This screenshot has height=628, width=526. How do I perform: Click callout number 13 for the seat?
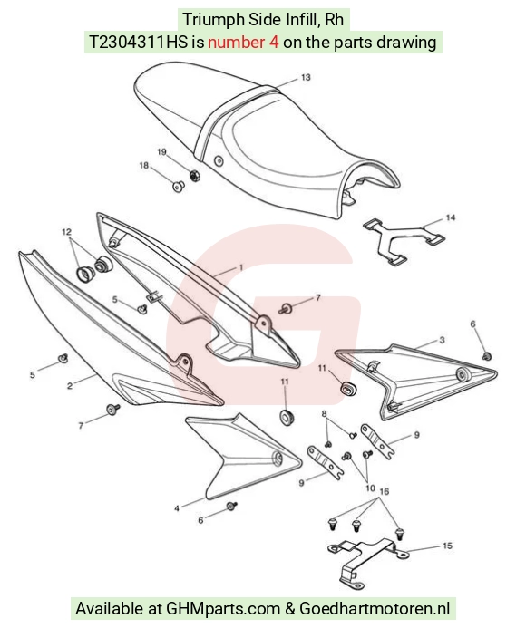[306, 77]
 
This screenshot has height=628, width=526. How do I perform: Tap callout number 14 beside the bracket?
[450, 217]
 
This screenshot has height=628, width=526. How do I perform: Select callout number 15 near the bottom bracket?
[447, 546]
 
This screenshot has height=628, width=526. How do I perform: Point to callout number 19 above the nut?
[161, 152]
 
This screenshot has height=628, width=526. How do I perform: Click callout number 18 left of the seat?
[144, 165]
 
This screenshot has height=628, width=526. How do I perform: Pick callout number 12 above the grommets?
[66, 231]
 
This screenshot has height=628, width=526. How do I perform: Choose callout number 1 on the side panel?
[241, 267]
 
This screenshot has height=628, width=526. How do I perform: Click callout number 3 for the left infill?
[442, 340]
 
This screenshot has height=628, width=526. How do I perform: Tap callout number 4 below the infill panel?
[177, 508]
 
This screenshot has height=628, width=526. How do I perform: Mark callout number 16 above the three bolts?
[384, 491]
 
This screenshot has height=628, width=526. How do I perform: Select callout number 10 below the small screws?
[370, 488]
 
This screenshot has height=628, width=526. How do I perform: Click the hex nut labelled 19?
[194, 176]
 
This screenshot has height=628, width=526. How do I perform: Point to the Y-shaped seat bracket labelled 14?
[404, 242]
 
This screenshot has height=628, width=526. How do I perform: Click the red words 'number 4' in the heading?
[243, 42]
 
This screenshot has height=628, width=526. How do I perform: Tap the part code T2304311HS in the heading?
[138, 42]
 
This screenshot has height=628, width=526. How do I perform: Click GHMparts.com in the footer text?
[223, 608]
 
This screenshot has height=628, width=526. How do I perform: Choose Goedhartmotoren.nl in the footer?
[375, 608]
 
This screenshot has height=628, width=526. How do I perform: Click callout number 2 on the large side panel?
[70, 386]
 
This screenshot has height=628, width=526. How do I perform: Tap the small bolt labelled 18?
[179, 186]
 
